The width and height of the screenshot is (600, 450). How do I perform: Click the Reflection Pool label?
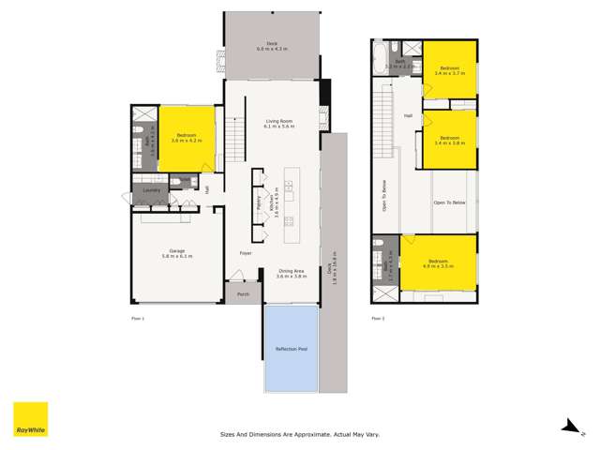click(291, 349)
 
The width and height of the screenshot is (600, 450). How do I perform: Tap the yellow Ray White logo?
click(30, 419)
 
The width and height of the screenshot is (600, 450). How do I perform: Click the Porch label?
click(243, 294)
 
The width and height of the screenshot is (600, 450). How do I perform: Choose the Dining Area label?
click(292, 274)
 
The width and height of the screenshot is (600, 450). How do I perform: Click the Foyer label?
click(245, 253)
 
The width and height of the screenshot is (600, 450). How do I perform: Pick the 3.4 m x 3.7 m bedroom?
click(450, 69)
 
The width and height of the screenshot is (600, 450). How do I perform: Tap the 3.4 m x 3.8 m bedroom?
click(450, 138)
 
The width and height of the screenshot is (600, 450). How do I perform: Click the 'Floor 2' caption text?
click(378, 319)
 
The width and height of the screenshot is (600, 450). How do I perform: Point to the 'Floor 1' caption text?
click(138, 319)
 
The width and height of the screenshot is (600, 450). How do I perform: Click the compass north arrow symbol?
click(568, 427)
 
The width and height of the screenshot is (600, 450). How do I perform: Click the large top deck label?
click(269, 46)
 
